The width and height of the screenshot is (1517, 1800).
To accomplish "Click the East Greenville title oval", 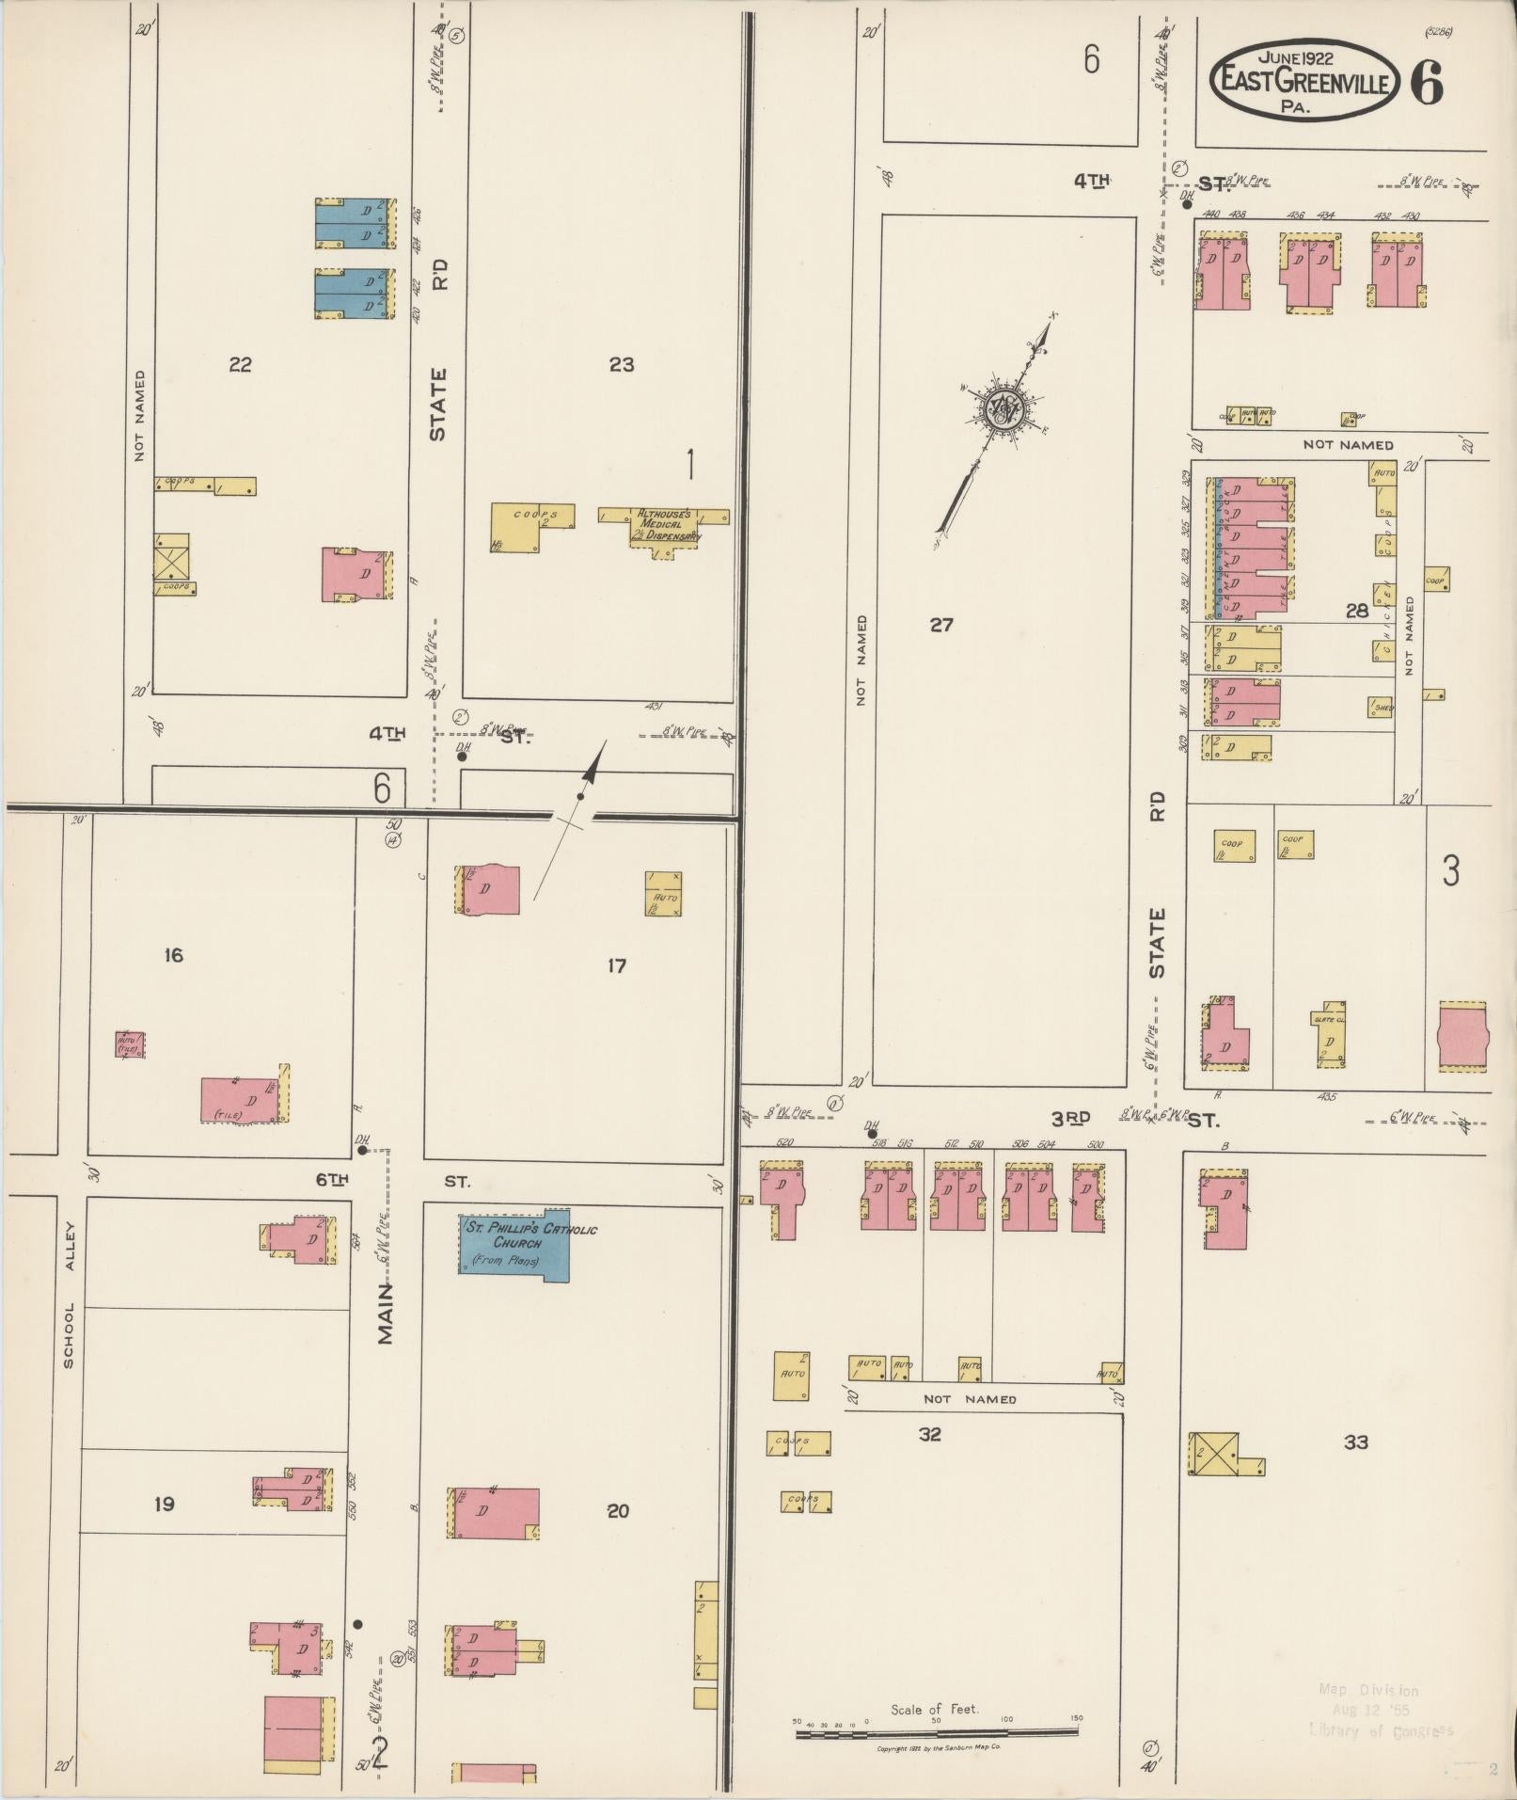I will coord(1302,81).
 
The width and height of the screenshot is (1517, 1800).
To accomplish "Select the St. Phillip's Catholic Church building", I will coord(514,1244).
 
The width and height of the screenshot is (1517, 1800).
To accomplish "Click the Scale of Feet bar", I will coord(937,1729).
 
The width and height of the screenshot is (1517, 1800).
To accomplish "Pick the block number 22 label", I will coord(240,365).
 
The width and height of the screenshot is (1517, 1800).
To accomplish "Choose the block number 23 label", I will coord(621,365).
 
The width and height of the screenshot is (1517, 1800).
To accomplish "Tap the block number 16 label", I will coord(173,956).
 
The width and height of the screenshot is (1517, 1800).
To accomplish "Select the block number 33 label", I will coord(1355,1442).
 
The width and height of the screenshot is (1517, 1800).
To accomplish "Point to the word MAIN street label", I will coord(386,1314).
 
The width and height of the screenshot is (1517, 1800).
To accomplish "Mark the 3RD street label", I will coord(1070,1119).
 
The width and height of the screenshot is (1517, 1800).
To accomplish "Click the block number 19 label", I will coord(164,1505).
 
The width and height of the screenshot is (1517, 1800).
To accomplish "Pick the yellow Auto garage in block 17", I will coord(663,894).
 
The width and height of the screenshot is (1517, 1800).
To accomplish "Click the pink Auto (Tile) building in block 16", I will coord(130,1044).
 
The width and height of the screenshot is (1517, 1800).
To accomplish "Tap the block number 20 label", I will coord(617,1511).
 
